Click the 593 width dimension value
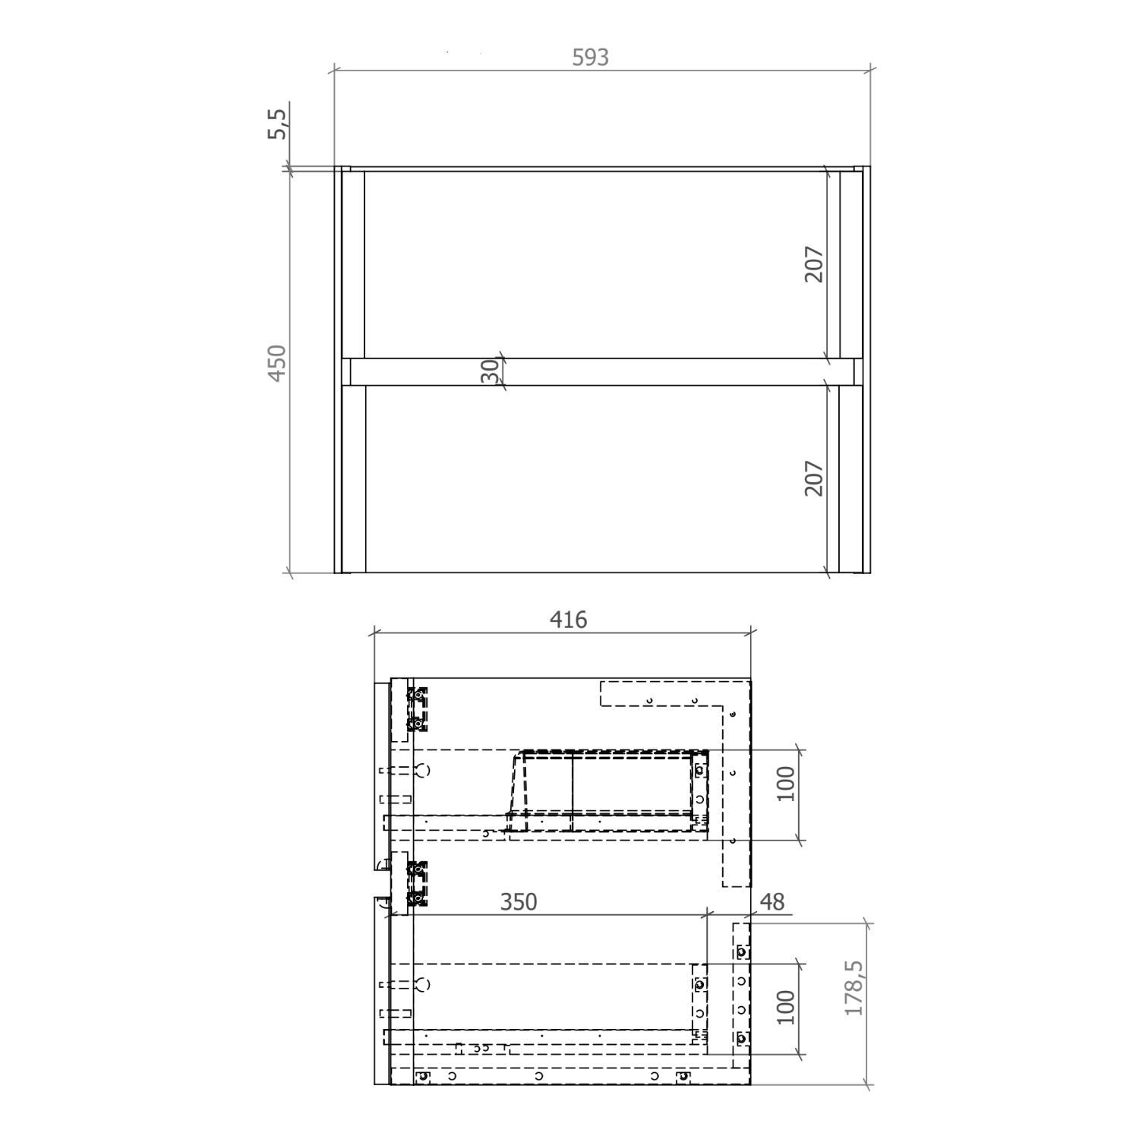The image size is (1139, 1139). [x=590, y=58]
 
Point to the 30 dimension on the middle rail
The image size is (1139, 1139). [x=491, y=371]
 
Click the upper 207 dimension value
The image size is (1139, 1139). [x=813, y=264]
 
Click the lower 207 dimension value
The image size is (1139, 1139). [x=813, y=478]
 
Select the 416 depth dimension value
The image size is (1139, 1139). [x=568, y=620]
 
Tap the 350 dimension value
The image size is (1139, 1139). [x=518, y=902]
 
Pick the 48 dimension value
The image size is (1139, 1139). [x=771, y=902]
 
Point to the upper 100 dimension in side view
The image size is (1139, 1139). [x=785, y=784]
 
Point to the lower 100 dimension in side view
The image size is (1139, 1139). [x=785, y=1007]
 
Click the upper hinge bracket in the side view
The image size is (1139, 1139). [x=417, y=709]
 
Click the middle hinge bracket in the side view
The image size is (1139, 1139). [x=417, y=885]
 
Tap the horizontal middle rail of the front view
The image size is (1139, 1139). [x=600, y=372]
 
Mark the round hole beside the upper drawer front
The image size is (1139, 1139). [x=424, y=771]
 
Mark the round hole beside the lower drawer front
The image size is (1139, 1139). [x=424, y=985]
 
